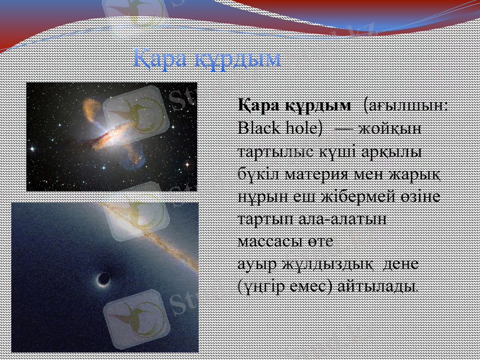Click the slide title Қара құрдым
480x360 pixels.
[x=206, y=58]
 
